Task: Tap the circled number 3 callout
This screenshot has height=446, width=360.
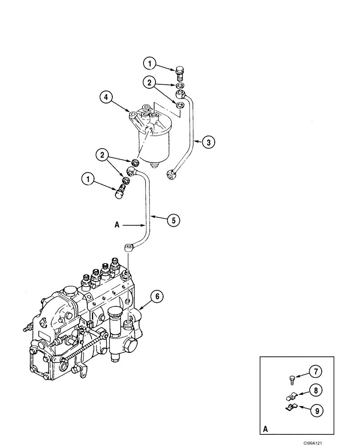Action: point(208,142)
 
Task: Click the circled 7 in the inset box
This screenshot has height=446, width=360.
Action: point(315,371)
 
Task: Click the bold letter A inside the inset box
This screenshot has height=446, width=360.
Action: point(266,429)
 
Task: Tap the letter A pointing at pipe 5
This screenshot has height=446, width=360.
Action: point(117,226)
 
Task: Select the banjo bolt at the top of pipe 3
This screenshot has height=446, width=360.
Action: point(180,71)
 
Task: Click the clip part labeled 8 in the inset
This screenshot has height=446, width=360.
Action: point(290,395)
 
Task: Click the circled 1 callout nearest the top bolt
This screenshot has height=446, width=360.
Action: point(150,64)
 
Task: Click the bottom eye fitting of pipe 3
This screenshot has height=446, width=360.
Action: point(171,174)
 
